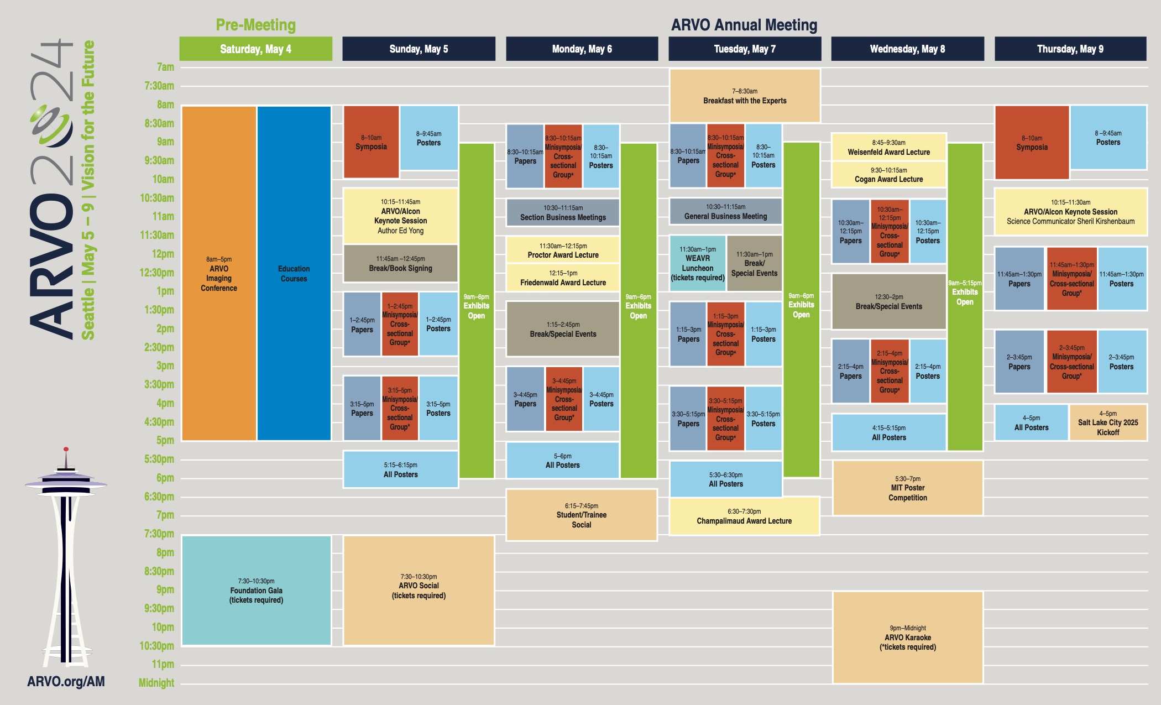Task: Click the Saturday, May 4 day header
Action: pos(255,49)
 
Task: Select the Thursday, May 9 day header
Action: pos(1070,49)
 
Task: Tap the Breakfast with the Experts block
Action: pos(744,96)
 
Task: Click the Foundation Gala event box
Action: pos(256,590)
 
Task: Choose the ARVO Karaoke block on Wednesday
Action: pos(907,638)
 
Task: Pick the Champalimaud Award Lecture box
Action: pos(744,516)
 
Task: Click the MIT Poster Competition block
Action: pos(907,488)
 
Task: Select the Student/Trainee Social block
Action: pos(581,515)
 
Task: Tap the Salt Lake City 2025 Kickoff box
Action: pos(1107,423)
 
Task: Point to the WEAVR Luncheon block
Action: pos(697,263)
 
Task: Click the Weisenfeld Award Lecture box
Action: pos(888,147)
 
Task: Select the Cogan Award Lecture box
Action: pos(888,175)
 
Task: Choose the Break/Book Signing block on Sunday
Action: pos(400,263)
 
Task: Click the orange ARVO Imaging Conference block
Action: pos(219,274)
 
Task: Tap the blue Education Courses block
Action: pos(294,274)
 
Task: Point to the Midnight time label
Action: pos(156,683)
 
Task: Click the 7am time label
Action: pos(165,67)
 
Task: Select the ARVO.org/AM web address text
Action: pos(66,681)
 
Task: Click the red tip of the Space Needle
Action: pos(66,450)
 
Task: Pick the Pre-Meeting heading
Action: pos(255,25)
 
